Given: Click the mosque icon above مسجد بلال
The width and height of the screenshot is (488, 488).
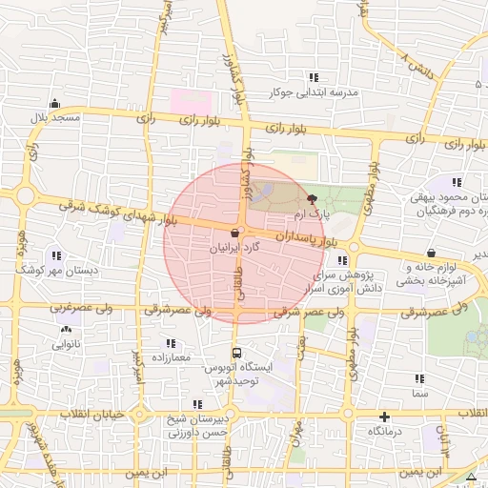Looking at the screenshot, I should click(56, 104).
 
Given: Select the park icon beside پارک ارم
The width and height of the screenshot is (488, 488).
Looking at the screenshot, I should click(313, 198).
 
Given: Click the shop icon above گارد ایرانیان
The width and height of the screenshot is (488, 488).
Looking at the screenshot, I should click(234, 232).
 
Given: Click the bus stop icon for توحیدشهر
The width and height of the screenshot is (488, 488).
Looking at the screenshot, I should click(236, 352).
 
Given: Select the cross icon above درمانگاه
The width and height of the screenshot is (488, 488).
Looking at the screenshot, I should click(384, 417).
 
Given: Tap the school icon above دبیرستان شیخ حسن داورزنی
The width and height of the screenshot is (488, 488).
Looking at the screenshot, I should click(197, 404).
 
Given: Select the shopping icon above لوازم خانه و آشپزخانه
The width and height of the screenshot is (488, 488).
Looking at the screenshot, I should click(434, 254).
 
